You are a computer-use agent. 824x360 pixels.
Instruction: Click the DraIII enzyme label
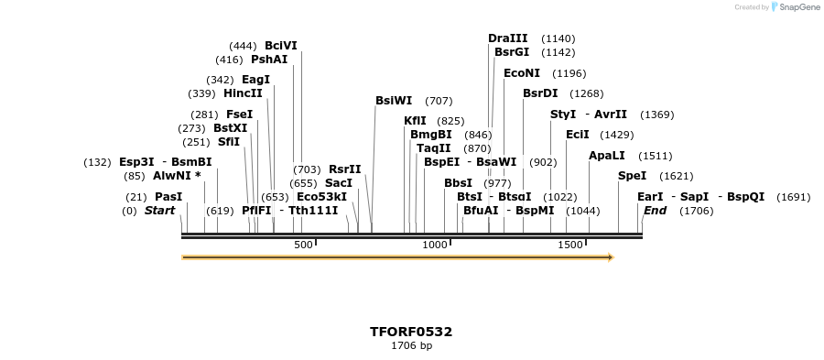[x=508, y=38]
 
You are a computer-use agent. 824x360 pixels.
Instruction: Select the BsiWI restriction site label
[x=394, y=101]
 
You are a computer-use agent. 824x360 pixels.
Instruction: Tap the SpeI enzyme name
[x=632, y=176]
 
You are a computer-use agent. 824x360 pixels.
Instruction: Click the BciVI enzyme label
[x=281, y=45]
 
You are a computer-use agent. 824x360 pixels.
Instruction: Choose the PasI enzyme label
[x=168, y=197]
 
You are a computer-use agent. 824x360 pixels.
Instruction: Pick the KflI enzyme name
[x=415, y=121]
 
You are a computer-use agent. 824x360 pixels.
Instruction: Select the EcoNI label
[x=522, y=73]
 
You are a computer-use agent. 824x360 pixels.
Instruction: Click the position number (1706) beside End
[x=697, y=211]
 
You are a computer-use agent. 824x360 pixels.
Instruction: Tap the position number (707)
[x=439, y=101]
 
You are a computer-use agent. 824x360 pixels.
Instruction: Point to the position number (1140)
[x=558, y=38]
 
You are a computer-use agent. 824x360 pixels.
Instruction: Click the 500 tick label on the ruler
[x=303, y=245]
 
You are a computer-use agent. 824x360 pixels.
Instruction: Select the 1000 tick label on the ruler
[x=435, y=245]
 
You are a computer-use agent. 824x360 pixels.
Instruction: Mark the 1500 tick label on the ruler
[x=569, y=245]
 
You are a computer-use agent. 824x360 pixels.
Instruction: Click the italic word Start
[x=159, y=211]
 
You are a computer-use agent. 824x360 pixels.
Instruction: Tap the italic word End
[x=656, y=211]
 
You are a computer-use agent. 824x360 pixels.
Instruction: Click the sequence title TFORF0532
[x=411, y=332]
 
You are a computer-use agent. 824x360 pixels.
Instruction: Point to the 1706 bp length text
[x=411, y=346]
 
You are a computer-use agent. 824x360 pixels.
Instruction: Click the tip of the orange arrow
[x=612, y=257]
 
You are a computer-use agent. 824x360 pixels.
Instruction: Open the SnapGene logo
[x=795, y=7]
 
